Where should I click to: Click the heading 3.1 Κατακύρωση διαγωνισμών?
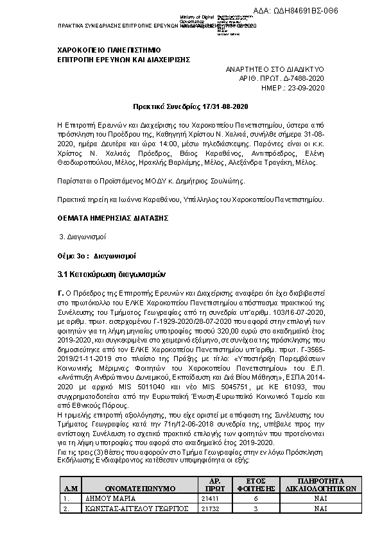[x=107, y=274]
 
